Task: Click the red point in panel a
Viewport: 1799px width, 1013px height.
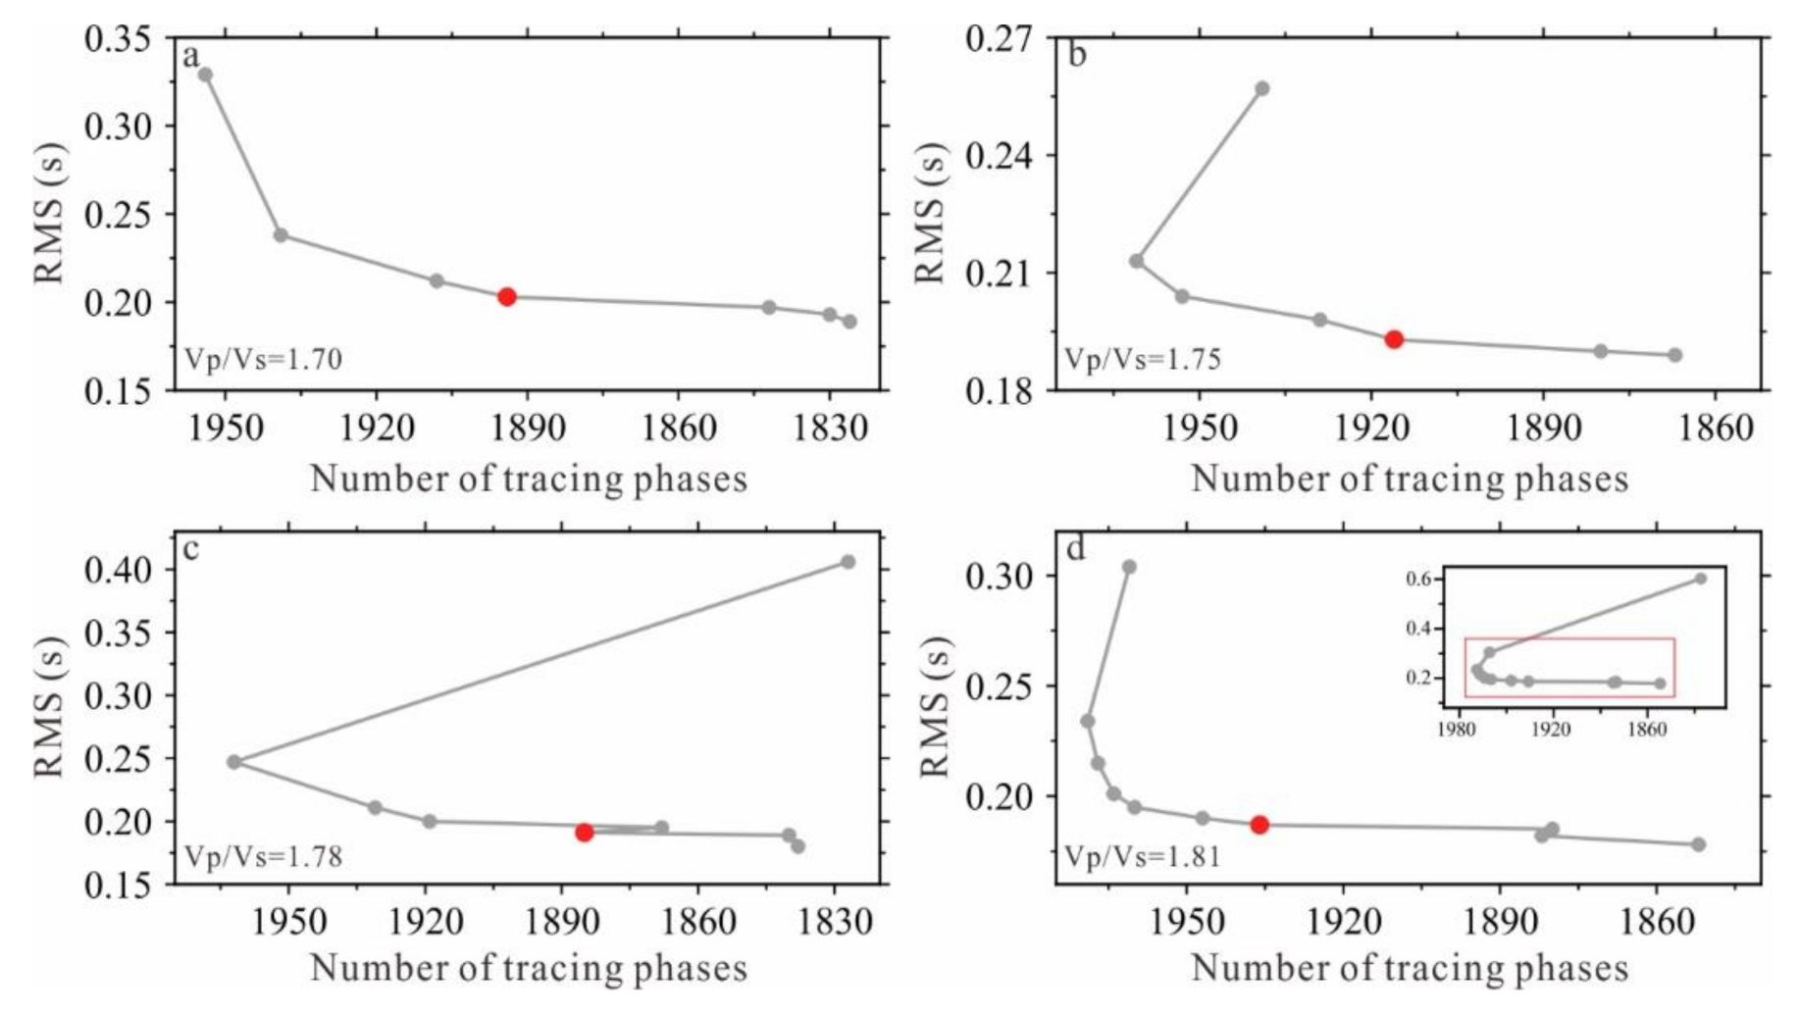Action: pos(507,296)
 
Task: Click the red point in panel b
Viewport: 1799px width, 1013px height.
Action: pos(1394,339)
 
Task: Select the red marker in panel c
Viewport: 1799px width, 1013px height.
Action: pos(585,832)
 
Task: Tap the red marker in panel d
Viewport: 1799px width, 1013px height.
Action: pos(1259,825)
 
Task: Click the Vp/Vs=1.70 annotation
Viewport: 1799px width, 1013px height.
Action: pos(264,360)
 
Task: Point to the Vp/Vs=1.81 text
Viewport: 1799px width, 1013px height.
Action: pos(1143,857)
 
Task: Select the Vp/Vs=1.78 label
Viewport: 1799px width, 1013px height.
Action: pos(264,857)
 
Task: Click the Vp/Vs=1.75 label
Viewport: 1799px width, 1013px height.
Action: pos(1143,360)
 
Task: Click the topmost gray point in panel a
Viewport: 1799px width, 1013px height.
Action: pos(205,75)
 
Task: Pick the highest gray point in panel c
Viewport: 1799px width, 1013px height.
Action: pos(848,562)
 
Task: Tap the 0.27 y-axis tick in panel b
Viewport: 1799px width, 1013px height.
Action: pos(999,39)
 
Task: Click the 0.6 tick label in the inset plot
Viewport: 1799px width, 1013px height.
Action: pos(1418,579)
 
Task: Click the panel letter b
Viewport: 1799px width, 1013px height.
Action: pos(1076,55)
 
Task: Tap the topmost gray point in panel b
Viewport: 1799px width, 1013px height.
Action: pos(1262,88)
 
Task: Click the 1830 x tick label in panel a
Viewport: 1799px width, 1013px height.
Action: pos(830,429)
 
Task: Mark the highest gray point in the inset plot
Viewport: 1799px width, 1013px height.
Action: pos(1701,579)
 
